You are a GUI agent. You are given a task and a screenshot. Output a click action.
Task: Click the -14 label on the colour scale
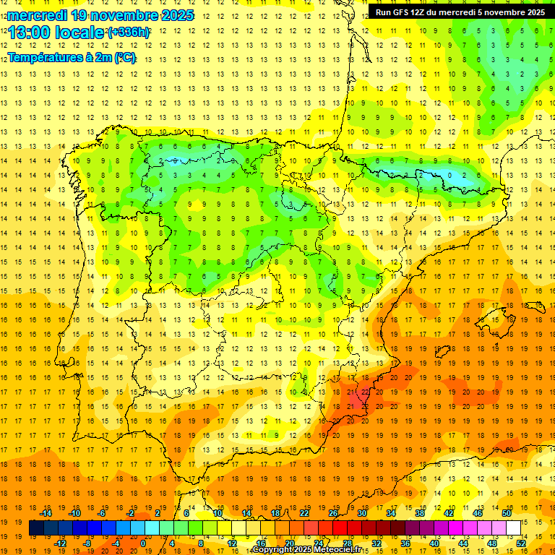pos(46,513)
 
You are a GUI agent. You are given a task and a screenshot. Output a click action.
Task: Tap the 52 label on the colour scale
pos(520,543)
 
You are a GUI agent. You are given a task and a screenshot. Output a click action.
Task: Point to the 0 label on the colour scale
pos(143,543)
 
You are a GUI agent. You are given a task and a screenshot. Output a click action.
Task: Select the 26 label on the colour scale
pos(334,513)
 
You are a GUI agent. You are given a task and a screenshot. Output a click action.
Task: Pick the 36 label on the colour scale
pos(405,543)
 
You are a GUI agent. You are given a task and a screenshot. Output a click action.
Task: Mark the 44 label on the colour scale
pos(463,543)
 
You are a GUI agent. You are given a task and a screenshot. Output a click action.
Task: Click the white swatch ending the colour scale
pos(514,528)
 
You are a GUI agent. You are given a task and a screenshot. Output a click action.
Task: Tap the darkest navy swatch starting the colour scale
pos(36,528)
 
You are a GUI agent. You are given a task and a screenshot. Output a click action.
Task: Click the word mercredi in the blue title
pos(37,15)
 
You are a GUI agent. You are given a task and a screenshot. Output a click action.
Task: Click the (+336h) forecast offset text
pos(129,33)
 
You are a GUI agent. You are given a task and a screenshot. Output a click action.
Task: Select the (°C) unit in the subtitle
pos(124,57)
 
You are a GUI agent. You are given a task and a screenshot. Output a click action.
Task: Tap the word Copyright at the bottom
pos(273,550)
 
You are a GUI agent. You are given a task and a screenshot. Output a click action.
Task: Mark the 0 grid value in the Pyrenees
pos(449,175)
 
